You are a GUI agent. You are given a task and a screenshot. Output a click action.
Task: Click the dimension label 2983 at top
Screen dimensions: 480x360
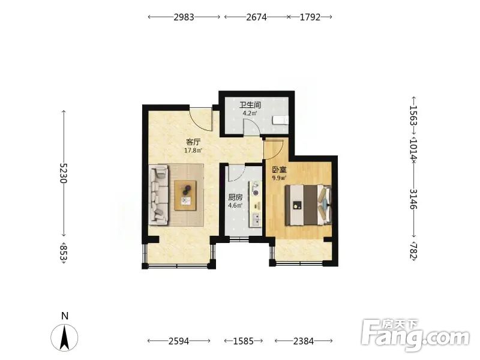coord(184,17)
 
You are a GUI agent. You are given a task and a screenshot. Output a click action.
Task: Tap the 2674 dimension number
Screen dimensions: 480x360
coord(257,17)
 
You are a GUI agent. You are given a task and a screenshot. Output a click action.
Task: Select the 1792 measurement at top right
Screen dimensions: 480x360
coord(310,17)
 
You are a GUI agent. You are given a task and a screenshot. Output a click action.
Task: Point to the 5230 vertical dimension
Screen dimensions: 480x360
coord(64,173)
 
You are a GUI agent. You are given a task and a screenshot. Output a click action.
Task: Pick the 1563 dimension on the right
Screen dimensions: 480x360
coord(413,115)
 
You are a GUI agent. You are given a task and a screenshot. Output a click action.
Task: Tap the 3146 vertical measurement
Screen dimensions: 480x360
coord(413,199)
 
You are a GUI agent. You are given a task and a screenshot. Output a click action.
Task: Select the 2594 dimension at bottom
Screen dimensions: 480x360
coord(179,341)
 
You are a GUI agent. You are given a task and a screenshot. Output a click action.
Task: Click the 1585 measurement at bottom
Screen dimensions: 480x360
coord(244,341)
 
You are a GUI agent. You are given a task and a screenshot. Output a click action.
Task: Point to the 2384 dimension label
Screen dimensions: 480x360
coord(304,341)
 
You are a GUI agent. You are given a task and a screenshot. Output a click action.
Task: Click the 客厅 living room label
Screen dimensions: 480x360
coord(193,142)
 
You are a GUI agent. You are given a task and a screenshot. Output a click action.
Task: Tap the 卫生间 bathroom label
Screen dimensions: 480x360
coord(250,106)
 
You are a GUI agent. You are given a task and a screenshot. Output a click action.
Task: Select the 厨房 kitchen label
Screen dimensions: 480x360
coord(235,198)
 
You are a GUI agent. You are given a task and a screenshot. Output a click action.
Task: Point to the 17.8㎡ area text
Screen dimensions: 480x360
coord(193,151)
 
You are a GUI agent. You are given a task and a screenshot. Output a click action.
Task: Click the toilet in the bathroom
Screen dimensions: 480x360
coord(280,121)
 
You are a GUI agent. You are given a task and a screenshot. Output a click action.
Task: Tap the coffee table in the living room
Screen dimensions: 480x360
coord(185,196)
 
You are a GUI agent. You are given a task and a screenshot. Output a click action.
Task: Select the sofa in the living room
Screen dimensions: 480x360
coord(159,195)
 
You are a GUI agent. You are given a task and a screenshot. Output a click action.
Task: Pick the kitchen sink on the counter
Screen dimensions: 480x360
coord(256,220)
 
